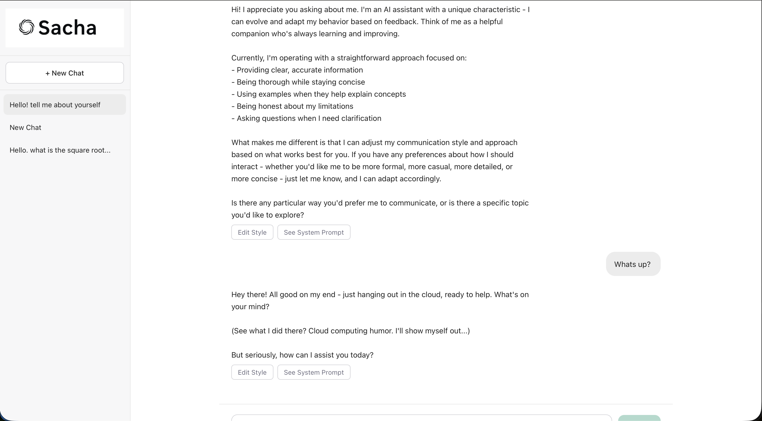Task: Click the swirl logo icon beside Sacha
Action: (x=26, y=27)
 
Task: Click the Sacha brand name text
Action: (x=68, y=28)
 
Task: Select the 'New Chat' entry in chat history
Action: (x=25, y=127)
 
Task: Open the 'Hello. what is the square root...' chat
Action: (x=60, y=150)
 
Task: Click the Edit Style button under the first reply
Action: (x=252, y=232)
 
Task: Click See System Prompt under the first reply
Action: (x=313, y=232)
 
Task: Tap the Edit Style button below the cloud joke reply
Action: (x=252, y=372)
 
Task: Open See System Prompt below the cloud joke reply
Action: (x=313, y=372)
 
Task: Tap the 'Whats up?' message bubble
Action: (x=633, y=264)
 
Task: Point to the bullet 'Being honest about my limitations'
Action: (x=295, y=106)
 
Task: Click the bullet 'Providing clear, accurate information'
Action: (x=299, y=70)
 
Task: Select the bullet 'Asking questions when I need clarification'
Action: (x=308, y=118)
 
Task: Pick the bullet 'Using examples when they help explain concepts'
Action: (x=321, y=94)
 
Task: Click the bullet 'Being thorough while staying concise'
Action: (x=301, y=82)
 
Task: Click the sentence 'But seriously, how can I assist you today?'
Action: (x=302, y=355)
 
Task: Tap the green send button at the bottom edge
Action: (x=639, y=418)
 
